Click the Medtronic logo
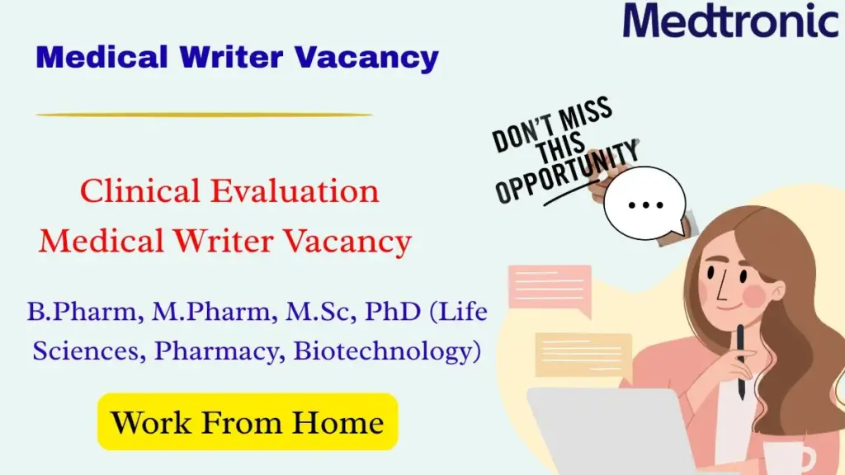click(730, 21)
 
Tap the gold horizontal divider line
click(204, 115)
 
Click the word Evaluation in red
click(295, 191)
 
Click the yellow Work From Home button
click(248, 422)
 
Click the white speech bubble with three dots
click(644, 203)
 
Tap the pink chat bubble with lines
click(549, 289)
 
